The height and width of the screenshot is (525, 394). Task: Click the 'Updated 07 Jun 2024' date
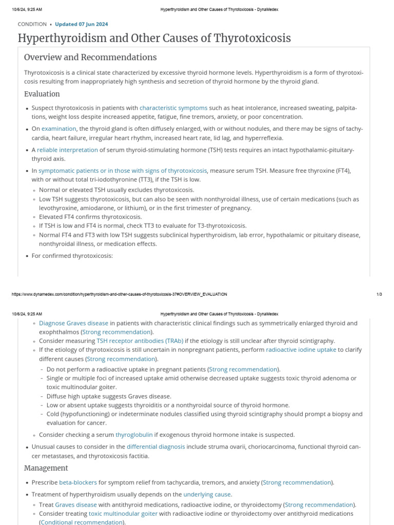coord(81,24)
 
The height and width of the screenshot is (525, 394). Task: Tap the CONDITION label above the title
coord(32,24)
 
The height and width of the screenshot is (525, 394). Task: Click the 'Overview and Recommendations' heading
coord(90,57)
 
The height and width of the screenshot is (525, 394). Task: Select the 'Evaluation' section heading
coord(42,94)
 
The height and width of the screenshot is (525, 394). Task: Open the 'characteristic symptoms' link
coord(173,108)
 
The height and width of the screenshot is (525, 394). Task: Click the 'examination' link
coord(59,129)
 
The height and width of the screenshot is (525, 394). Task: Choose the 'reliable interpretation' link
coord(67,150)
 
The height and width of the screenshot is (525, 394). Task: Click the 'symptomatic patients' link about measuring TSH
coord(123,171)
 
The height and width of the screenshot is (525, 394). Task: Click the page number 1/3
coord(379,294)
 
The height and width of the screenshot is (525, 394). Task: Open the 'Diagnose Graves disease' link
coord(73,324)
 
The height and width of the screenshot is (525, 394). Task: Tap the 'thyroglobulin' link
coord(134,435)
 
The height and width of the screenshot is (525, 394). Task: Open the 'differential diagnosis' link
coord(156,447)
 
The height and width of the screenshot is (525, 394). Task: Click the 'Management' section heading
coord(46,468)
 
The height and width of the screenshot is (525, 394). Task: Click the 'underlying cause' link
coord(207,495)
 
